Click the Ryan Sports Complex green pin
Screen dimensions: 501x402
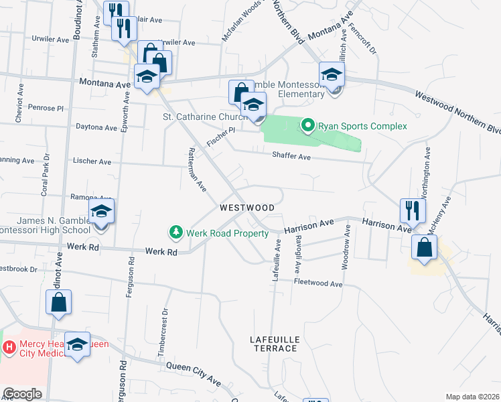pos(308,125)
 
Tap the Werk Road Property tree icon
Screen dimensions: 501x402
pos(175,232)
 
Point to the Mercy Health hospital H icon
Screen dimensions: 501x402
pos(9,347)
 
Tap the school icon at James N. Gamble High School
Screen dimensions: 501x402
pos(101,212)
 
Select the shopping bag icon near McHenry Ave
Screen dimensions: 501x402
pos(425,247)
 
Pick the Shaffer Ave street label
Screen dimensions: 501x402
pos(292,157)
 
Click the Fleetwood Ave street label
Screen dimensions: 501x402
pos(318,283)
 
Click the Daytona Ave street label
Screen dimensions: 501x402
pos(96,127)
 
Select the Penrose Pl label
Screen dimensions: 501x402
pos(45,107)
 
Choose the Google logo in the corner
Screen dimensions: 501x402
pos(22,394)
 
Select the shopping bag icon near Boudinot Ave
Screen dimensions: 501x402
pos(58,302)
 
